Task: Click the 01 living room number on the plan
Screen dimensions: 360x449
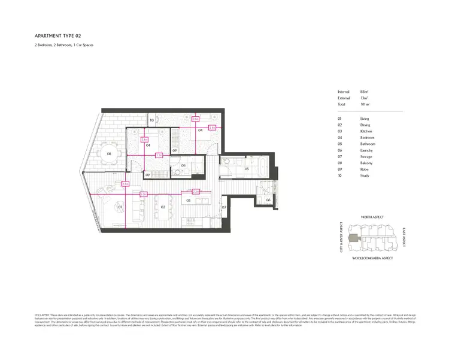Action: pyautogui.click(x=121, y=207)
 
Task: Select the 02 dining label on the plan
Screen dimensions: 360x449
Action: pyautogui.click(x=162, y=207)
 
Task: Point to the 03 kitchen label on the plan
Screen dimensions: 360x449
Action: pyautogui.click(x=189, y=200)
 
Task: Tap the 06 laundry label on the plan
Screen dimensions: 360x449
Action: pyautogui.click(x=268, y=199)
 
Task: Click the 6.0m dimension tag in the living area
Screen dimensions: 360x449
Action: pyautogui.click(x=143, y=194)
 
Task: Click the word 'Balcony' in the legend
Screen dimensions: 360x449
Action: pyautogui.click(x=366, y=163)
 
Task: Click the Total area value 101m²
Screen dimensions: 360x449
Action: pyautogui.click(x=364, y=104)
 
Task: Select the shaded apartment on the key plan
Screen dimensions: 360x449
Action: pyautogui.click(x=357, y=238)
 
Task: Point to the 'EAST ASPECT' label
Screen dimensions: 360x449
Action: pyautogui.click(x=404, y=237)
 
